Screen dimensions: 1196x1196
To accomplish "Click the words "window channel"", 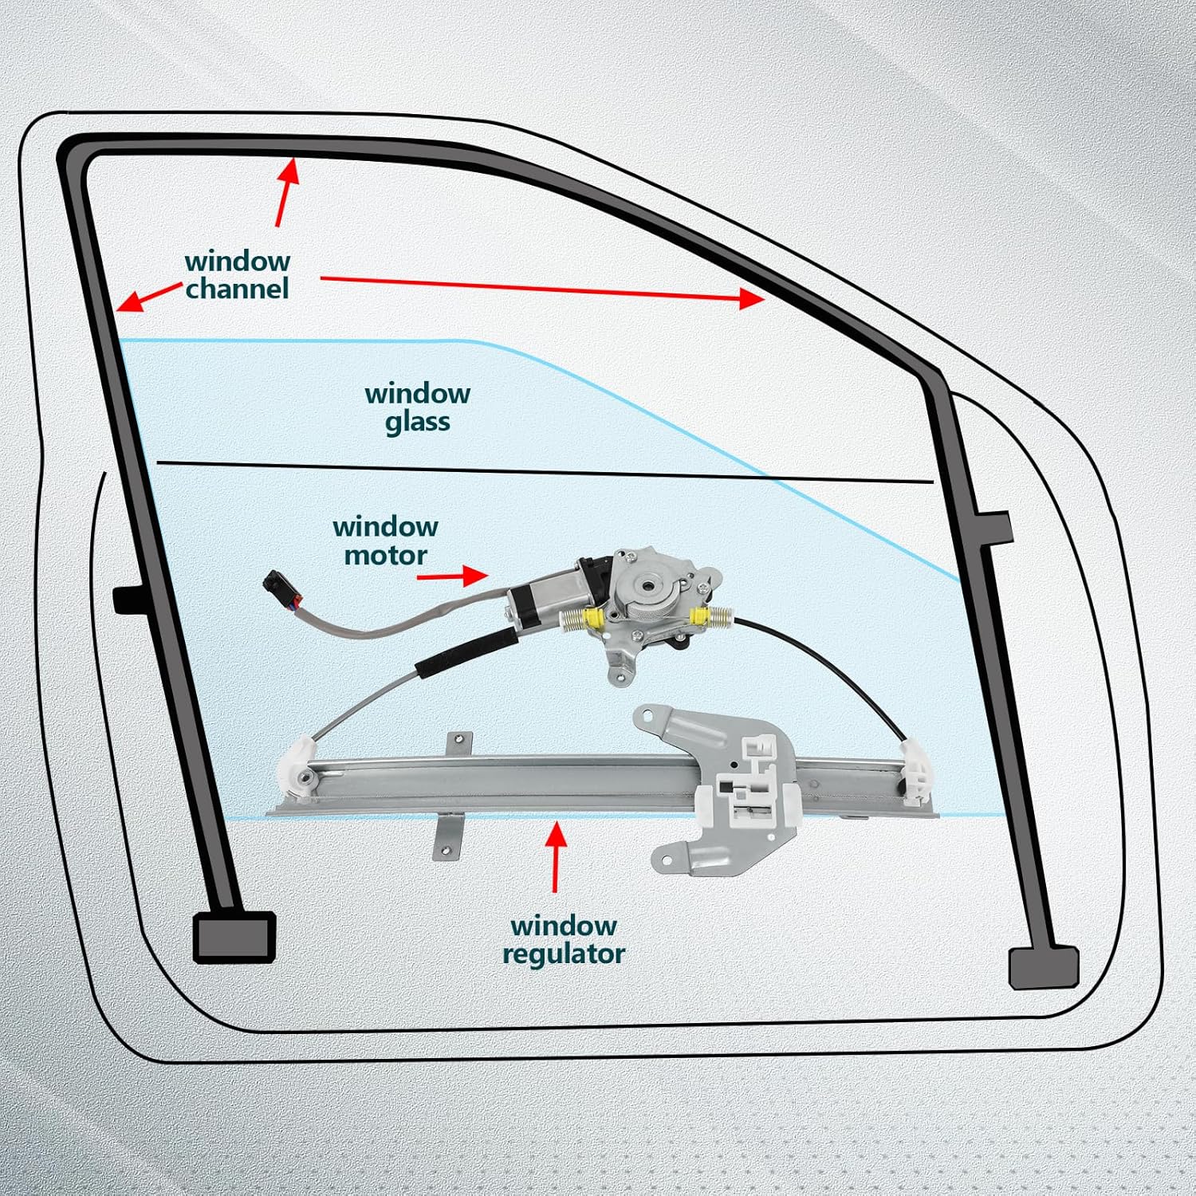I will (238, 275).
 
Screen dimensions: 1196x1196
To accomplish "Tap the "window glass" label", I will (417, 407).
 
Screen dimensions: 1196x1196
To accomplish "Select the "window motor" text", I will (385, 541).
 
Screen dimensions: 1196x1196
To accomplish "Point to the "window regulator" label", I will (564, 939).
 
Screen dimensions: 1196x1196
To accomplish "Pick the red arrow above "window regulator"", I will (556, 856).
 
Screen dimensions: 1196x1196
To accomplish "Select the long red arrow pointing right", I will (542, 289).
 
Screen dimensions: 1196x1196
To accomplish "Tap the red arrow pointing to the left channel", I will (148, 297).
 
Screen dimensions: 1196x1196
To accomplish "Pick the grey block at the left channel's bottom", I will (234, 936).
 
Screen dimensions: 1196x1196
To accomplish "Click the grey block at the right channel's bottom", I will (1043, 966).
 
